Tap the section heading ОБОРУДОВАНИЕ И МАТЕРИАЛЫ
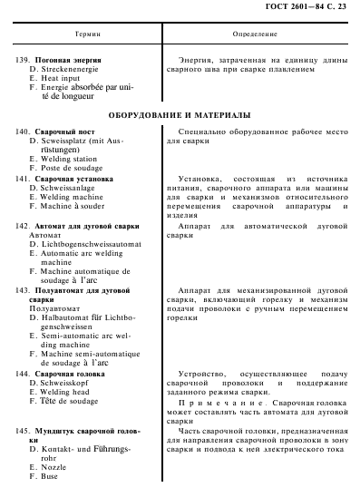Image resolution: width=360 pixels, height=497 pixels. coord(180,117)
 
